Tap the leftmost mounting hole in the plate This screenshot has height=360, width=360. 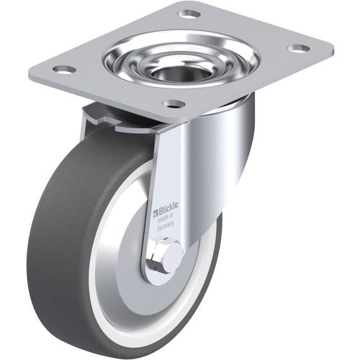(x=64, y=70)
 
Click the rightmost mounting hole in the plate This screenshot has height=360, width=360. (x=299, y=48)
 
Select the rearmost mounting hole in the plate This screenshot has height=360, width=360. (x=189, y=14)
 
